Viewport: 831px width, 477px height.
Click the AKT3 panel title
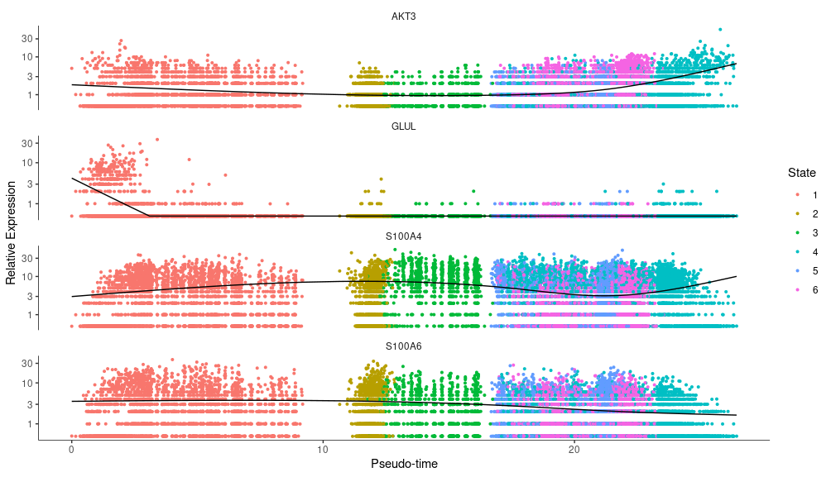(x=403, y=17)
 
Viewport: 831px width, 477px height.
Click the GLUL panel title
(x=403, y=126)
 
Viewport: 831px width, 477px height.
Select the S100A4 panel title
(x=403, y=236)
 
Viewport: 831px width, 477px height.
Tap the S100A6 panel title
(x=403, y=346)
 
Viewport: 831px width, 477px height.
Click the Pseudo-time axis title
(x=404, y=464)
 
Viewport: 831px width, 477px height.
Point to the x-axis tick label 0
(x=71, y=450)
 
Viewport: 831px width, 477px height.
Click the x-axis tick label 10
(x=323, y=450)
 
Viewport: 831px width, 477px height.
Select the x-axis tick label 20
(x=574, y=450)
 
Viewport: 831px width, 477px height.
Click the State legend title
(x=801, y=173)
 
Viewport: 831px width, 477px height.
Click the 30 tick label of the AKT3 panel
(x=26, y=39)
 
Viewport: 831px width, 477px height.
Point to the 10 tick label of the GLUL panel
(x=26, y=162)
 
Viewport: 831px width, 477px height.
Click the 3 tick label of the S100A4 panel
(x=29, y=296)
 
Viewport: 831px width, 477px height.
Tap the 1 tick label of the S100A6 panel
(x=29, y=423)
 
